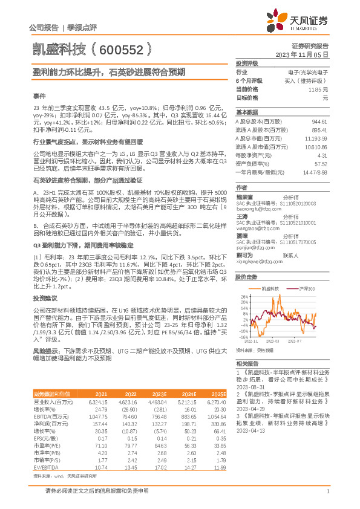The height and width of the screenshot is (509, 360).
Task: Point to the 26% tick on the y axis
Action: pos(244,296)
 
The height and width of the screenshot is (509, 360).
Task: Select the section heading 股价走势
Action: pos(246,277)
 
